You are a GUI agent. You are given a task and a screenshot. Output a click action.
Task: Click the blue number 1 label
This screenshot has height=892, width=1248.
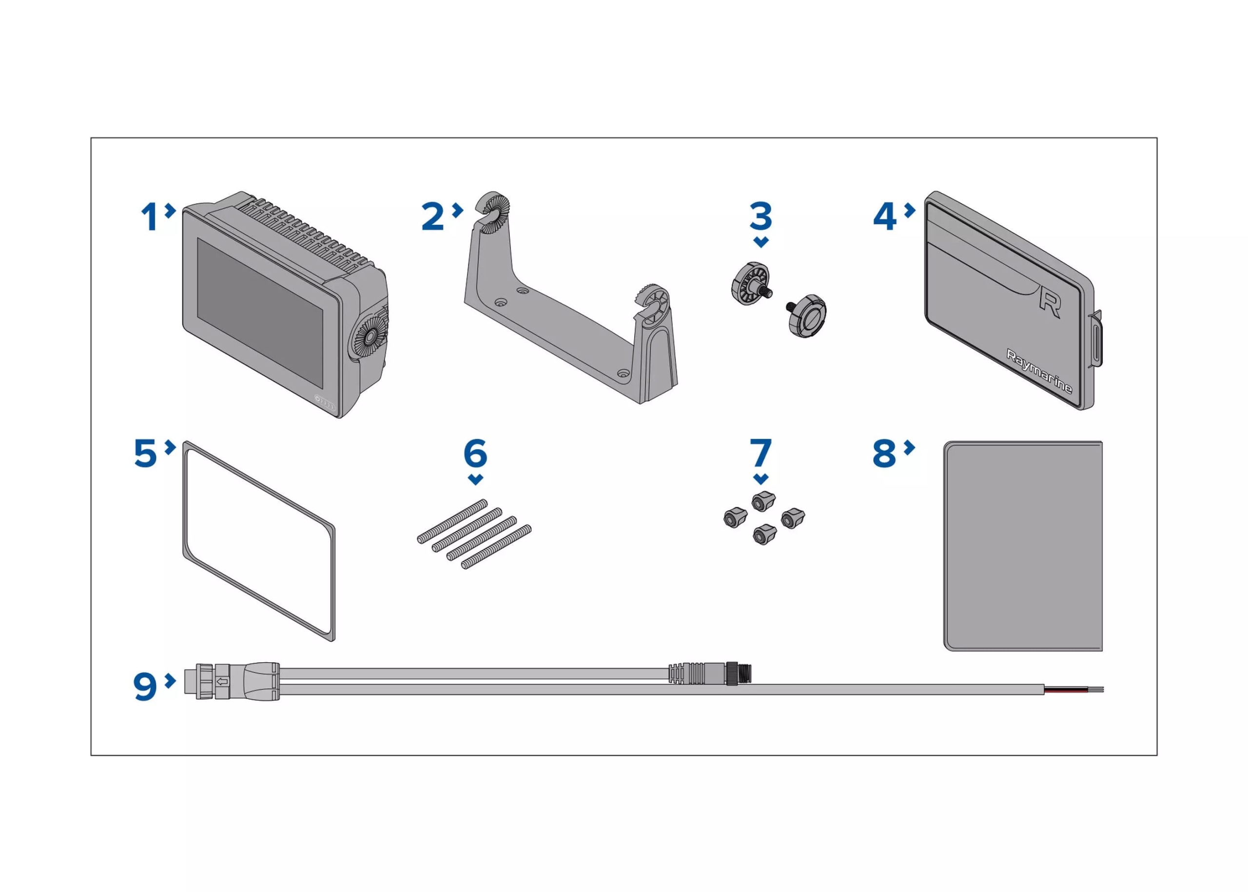tap(149, 217)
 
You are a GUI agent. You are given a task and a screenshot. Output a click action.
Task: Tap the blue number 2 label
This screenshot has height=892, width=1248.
tap(432, 217)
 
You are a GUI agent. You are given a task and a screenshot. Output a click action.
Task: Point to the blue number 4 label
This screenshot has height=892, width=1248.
tap(884, 217)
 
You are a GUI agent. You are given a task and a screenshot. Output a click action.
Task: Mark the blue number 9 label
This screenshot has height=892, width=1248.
tap(145, 687)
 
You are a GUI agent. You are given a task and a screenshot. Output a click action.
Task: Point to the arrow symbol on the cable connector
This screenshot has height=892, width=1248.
tap(222, 682)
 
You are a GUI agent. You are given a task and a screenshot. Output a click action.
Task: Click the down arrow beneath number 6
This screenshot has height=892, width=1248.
tap(475, 479)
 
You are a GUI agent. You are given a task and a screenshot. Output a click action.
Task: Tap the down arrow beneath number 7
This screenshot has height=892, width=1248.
tap(760, 479)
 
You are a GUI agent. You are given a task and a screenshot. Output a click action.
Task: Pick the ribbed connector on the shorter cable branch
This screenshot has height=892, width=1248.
tap(686, 673)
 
